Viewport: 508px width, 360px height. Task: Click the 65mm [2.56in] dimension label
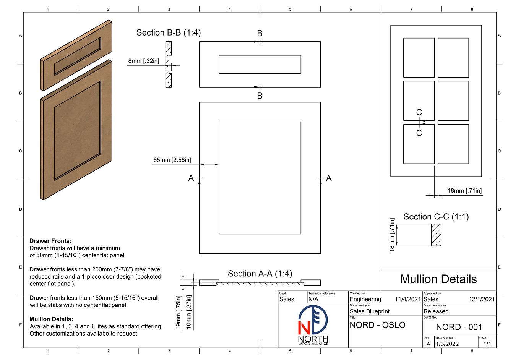(x=172, y=160)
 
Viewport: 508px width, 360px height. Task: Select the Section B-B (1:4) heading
(x=169, y=33)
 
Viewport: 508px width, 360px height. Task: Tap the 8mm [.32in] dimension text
(x=144, y=61)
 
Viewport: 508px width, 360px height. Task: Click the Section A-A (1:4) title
(x=260, y=274)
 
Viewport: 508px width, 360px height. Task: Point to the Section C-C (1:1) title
(x=436, y=217)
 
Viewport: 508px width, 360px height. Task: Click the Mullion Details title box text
(x=438, y=279)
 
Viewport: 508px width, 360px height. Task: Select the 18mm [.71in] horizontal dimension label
(x=464, y=191)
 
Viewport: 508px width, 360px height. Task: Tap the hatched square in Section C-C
(x=436, y=235)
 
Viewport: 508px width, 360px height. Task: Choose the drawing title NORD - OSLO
(x=377, y=325)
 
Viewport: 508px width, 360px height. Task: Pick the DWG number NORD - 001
(x=459, y=327)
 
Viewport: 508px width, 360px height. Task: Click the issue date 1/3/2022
(x=447, y=344)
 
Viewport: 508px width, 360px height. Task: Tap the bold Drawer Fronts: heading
(x=50, y=241)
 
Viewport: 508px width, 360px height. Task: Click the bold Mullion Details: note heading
(x=51, y=319)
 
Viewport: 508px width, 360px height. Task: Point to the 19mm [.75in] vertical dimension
(x=178, y=312)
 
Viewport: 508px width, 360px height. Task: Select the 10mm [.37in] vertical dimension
(x=188, y=312)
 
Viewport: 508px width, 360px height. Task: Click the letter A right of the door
(x=329, y=178)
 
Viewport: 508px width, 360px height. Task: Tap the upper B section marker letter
(x=260, y=34)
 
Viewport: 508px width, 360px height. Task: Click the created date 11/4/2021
(x=407, y=299)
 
